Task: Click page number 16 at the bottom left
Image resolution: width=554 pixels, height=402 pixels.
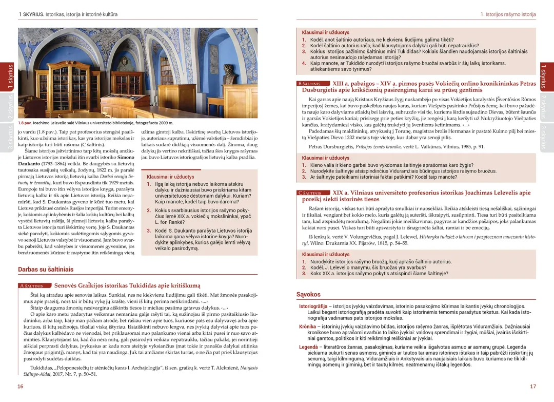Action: click(x=20, y=386)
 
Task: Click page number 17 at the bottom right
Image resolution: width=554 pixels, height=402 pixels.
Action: click(x=533, y=386)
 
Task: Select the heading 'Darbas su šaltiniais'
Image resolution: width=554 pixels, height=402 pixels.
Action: click(x=46, y=269)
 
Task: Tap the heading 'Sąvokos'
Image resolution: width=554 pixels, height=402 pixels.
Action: click(x=308, y=294)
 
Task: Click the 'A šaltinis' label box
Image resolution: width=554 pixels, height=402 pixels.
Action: click(x=34, y=286)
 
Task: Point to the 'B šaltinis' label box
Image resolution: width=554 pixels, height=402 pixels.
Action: click(x=312, y=83)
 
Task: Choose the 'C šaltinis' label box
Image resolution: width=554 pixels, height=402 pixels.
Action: click(x=312, y=193)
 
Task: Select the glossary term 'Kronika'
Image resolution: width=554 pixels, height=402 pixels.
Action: click(x=308, y=327)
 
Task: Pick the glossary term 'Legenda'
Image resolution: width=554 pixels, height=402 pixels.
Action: click(x=309, y=347)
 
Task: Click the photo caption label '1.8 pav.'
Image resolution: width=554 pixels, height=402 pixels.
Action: click(x=26, y=123)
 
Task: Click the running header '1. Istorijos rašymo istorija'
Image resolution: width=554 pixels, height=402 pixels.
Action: click(x=508, y=14)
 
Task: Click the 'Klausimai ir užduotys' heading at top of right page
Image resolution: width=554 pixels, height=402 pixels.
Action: click(x=325, y=32)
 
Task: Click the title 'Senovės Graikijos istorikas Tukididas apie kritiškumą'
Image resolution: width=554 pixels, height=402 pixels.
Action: click(x=127, y=285)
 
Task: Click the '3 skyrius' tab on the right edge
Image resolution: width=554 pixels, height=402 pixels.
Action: click(x=544, y=137)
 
